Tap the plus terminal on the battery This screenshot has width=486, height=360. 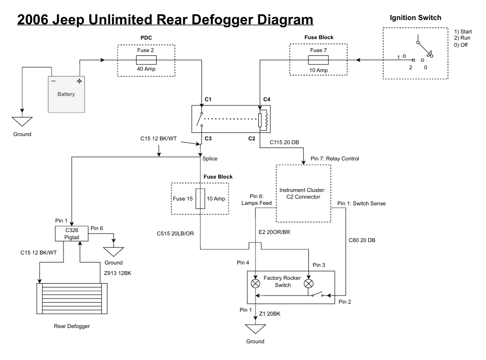coord(79,81)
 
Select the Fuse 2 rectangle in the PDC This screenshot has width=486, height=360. coord(146,60)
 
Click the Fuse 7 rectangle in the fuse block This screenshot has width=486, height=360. coord(318,60)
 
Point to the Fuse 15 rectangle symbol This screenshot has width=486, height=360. coord(201,199)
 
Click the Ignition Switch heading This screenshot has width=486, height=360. coord(415,18)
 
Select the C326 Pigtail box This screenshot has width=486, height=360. coord(72,233)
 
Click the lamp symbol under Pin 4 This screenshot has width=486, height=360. coord(256,283)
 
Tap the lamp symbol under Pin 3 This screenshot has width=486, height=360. coord(309,283)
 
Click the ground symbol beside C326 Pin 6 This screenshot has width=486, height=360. coord(113,252)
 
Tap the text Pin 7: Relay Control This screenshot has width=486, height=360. coord(334,159)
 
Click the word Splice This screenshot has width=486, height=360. coord(210,159)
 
